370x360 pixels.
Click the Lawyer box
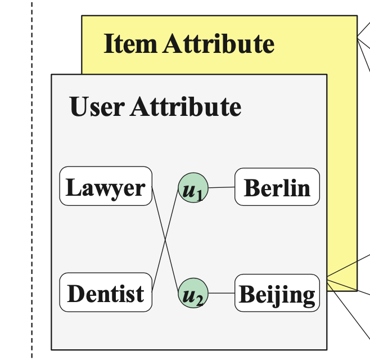point(106,187)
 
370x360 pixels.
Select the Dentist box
point(106,292)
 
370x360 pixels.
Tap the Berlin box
point(277,187)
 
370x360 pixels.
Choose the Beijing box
point(277,293)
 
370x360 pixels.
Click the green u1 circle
point(193,188)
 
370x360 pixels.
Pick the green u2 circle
point(193,294)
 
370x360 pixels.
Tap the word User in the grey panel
point(97,106)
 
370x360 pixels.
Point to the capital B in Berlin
point(252,187)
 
